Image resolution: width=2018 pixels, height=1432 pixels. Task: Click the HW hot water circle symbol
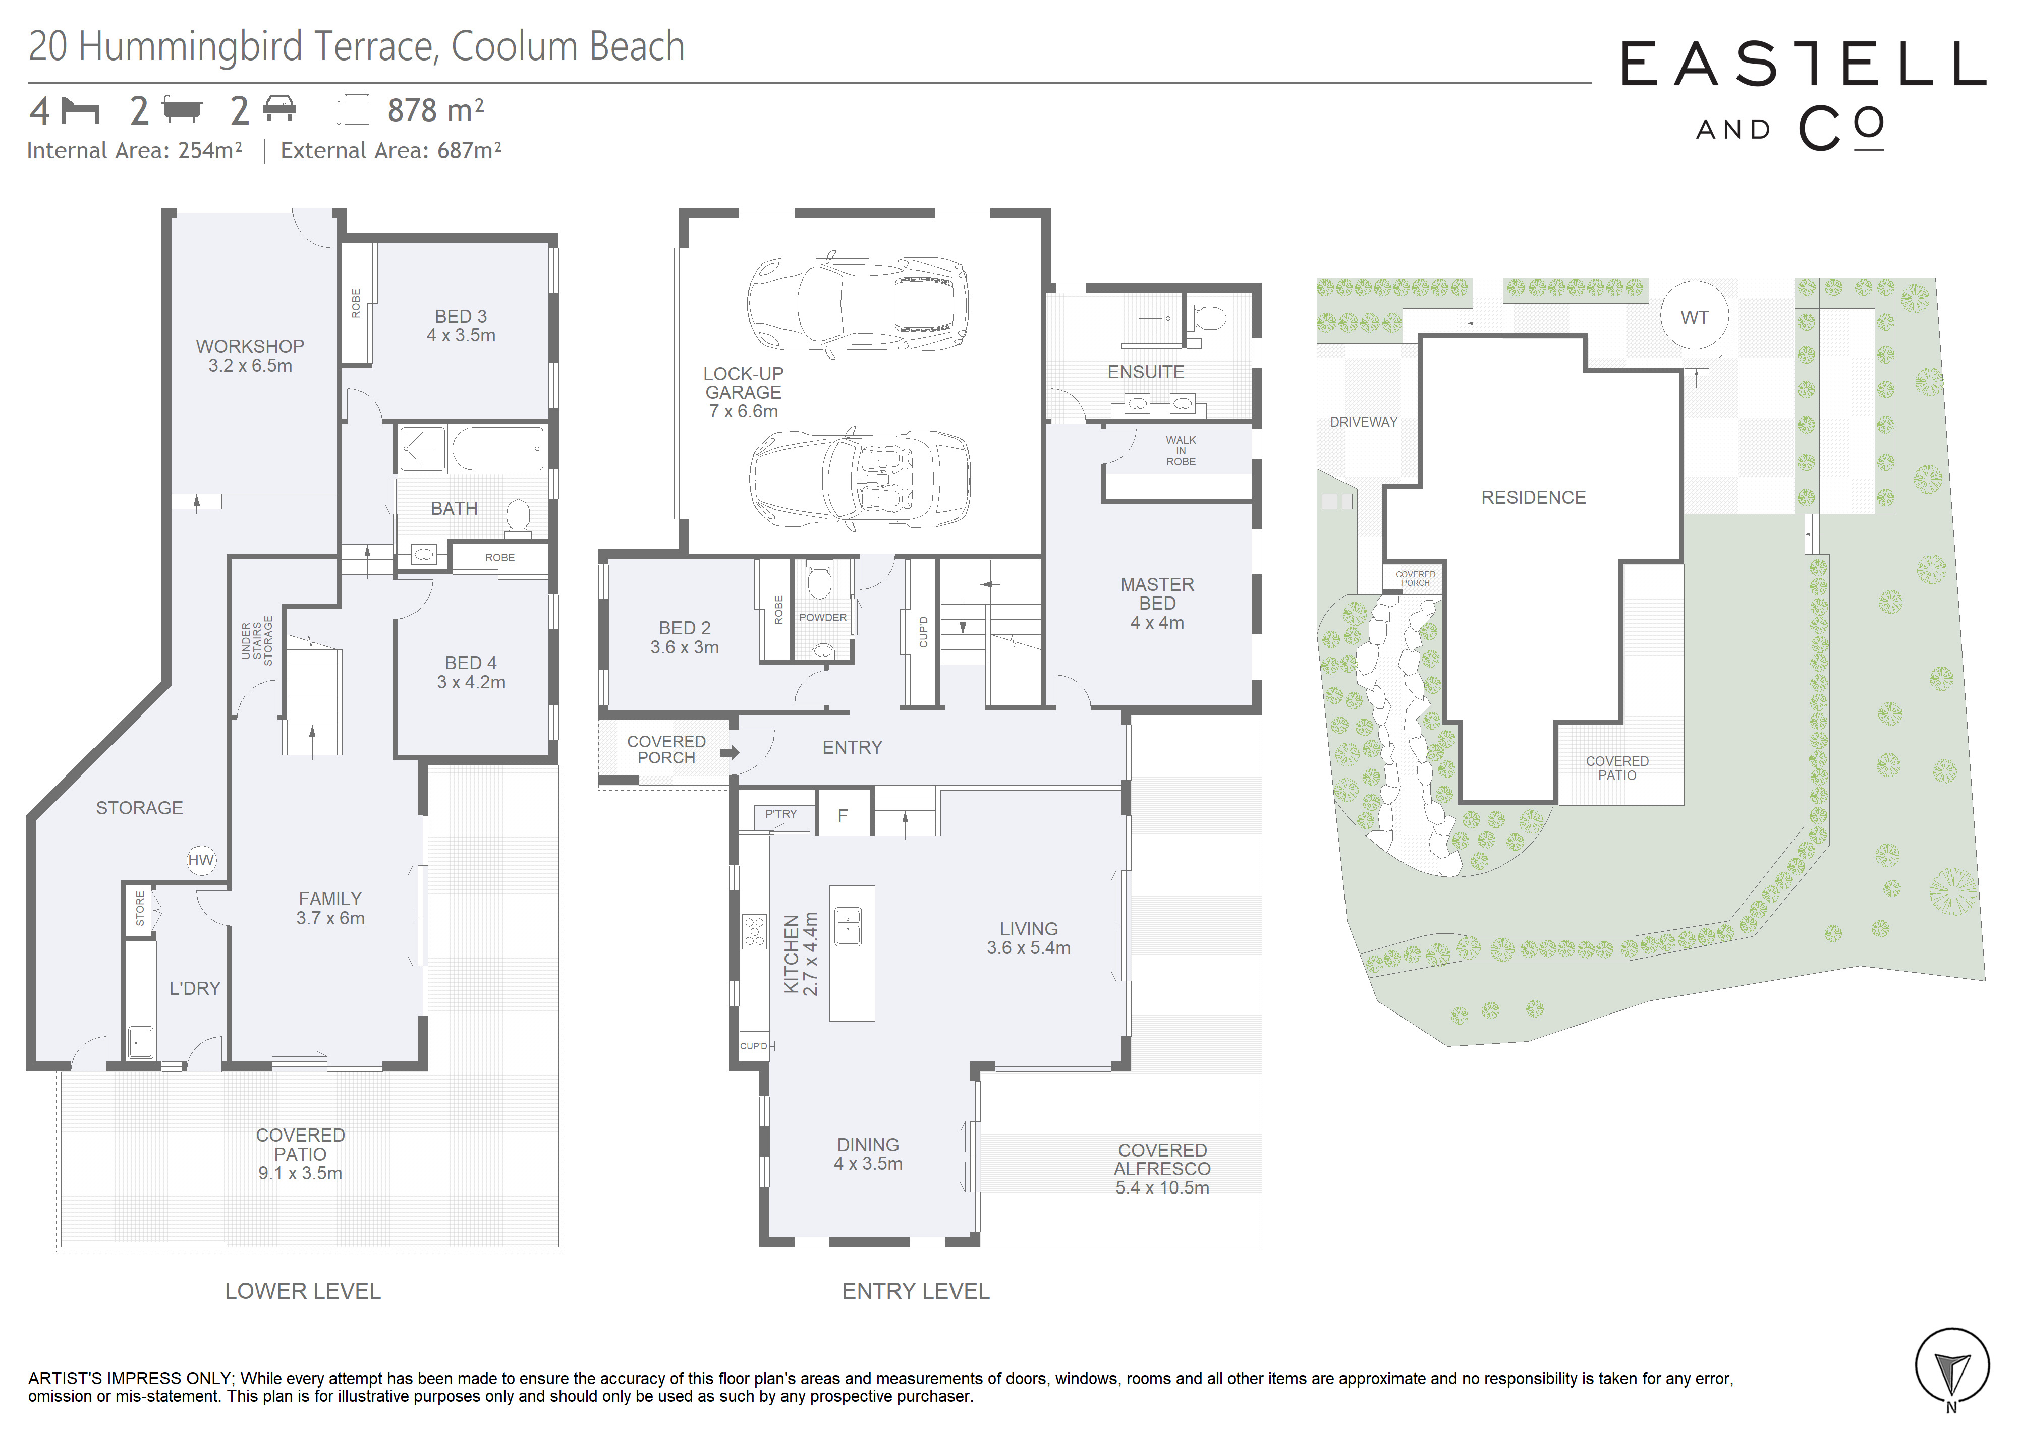click(201, 860)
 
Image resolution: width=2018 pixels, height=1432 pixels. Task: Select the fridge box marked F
click(843, 813)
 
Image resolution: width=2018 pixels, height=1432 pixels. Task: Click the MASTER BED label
click(1157, 593)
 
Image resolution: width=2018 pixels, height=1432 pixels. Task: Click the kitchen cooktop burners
click(755, 931)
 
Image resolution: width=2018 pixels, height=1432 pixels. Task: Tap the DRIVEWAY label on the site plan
click(1364, 422)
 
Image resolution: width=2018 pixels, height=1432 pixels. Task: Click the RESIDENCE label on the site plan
click(1533, 497)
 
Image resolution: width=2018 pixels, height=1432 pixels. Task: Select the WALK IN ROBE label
click(1181, 451)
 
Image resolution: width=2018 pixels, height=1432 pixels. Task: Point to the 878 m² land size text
click(436, 110)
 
